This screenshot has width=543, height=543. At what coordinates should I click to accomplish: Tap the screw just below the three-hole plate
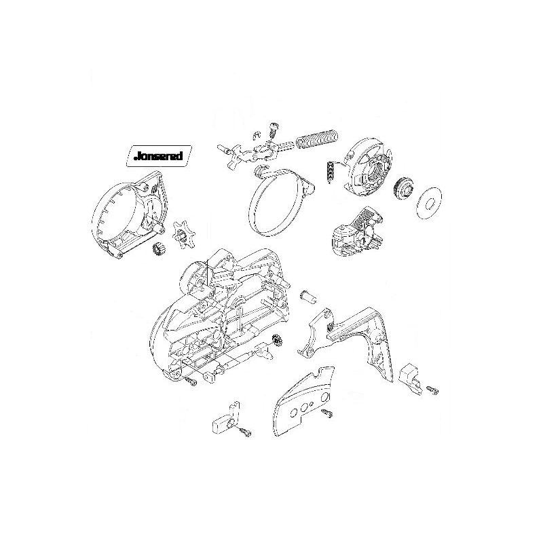click(328, 412)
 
